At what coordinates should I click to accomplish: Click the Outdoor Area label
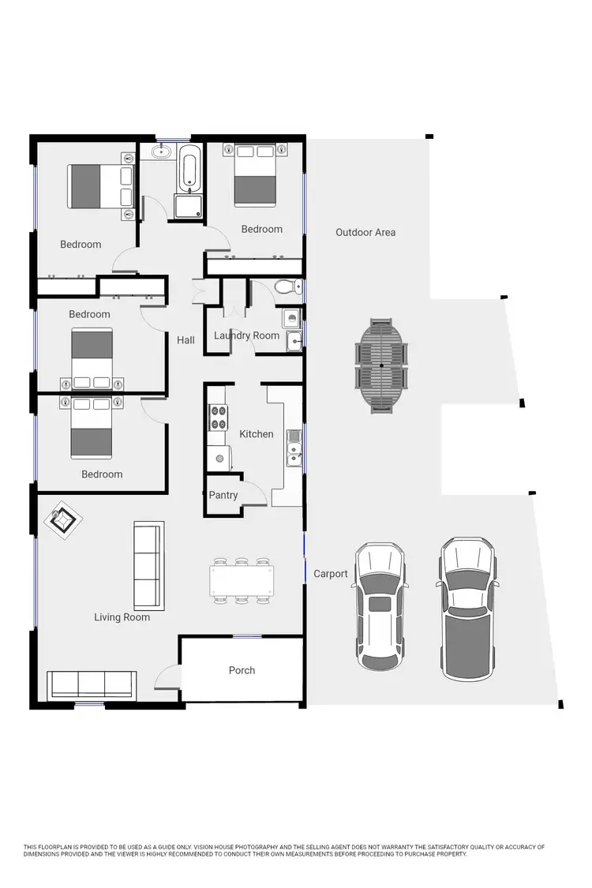(365, 232)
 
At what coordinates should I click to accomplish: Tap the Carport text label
(330, 574)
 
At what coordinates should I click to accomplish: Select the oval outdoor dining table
(383, 365)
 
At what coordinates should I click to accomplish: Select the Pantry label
(223, 495)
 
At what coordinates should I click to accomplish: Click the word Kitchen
(257, 434)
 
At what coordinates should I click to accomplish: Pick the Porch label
(242, 670)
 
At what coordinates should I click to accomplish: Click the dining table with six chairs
(242, 582)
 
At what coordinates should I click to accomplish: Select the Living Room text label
(122, 617)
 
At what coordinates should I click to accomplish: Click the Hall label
(185, 340)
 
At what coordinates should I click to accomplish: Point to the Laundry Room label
(246, 335)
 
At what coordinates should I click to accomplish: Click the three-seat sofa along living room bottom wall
(92, 683)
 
